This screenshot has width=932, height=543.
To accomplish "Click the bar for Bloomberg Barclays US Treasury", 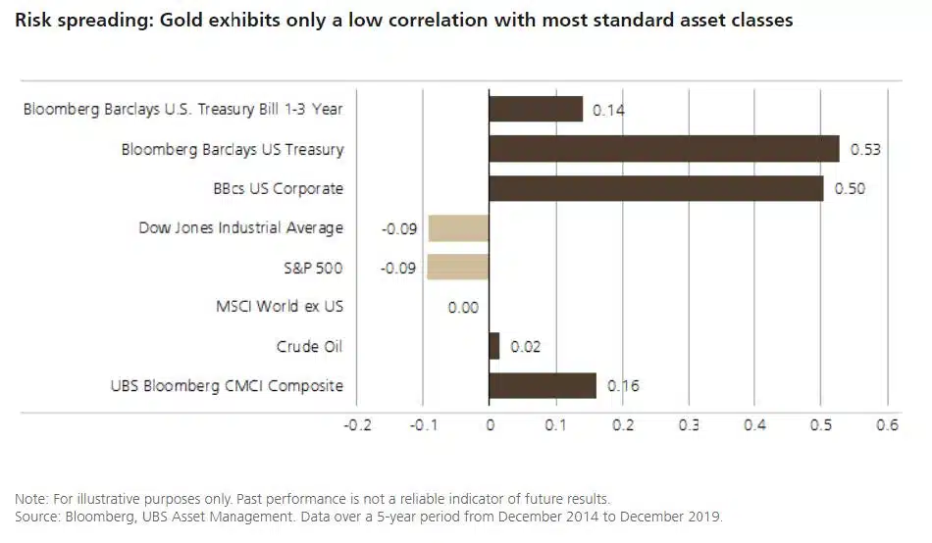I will pos(664,149).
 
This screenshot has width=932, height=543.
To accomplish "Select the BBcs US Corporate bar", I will pos(655,188).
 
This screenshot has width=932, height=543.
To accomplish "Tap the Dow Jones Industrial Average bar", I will pos(458,228).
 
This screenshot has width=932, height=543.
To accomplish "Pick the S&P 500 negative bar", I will pos(458,268).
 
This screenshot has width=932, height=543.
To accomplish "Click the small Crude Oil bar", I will pos(494,346).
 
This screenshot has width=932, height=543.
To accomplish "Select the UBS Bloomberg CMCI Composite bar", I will pos(543,385).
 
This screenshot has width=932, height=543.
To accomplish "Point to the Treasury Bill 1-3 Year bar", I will pos(536,109).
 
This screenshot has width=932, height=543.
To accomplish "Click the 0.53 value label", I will pos(865,150).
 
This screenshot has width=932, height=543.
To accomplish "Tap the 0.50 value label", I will pos(850,189).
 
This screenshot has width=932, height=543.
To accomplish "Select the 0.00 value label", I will pos(463,308).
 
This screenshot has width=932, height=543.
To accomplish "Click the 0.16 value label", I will pos(623,386).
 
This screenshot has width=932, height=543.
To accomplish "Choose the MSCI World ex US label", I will pos(280,307).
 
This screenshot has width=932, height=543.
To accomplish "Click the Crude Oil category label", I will pos(309,346).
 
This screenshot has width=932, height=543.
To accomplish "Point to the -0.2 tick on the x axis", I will pos(358,425).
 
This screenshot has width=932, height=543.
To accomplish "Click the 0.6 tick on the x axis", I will pos(887,425).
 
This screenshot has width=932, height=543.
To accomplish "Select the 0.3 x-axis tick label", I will pos(688,425).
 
